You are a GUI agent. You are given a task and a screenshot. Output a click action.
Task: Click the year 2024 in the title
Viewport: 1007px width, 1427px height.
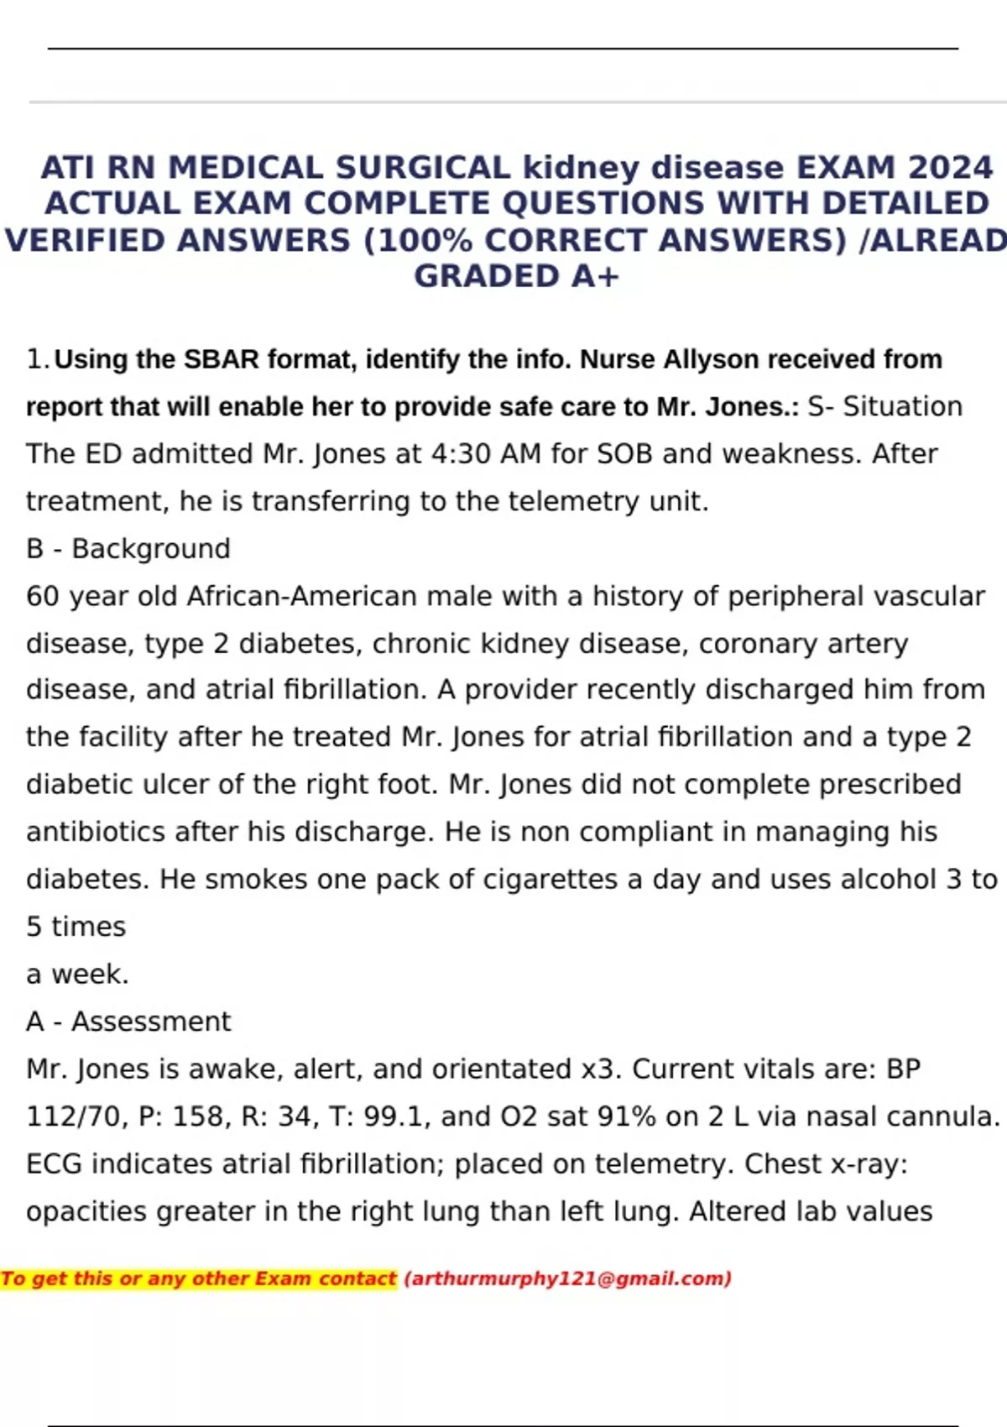click(x=951, y=168)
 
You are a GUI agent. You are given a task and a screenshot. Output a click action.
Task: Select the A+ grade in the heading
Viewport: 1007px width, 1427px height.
click(x=595, y=276)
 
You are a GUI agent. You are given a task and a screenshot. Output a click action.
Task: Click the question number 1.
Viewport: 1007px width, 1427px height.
click(x=36, y=359)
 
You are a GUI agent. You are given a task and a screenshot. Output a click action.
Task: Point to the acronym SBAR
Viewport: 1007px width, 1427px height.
click(x=222, y=359)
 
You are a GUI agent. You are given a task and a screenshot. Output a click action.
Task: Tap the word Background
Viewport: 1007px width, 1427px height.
click(x=151, y=549)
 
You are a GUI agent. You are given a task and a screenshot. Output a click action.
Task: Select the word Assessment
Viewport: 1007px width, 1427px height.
click(x=151, y=1022)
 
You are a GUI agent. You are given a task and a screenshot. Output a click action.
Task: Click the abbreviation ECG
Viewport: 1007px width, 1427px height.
click(x=55, y=1164)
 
